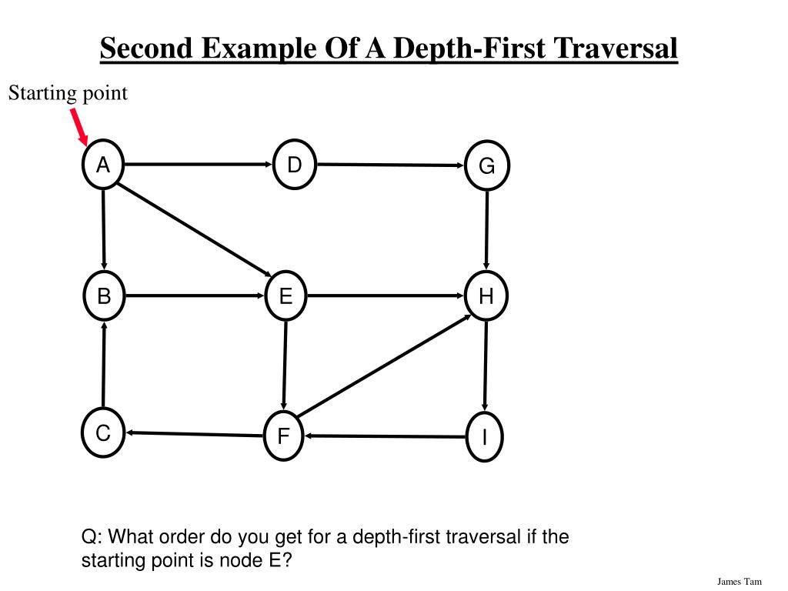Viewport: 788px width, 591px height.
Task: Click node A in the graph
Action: coord(103,165)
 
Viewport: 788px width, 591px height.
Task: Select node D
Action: coord(295,165)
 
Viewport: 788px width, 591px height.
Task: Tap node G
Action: coord(487,165)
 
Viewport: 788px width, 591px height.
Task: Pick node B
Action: coord(104,296)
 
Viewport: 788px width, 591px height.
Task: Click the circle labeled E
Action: coord(285,296)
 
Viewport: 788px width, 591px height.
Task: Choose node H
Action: coord(486,296)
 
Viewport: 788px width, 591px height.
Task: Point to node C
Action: coord(102,434)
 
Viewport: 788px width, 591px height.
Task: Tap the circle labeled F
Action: coord(283,437)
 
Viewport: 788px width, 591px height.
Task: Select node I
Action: coord(485,437)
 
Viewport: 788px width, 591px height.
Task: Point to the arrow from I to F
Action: coord(385,436)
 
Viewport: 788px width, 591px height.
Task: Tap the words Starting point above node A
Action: coord(68,94)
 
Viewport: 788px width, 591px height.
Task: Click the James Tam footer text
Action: coord(739,581)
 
